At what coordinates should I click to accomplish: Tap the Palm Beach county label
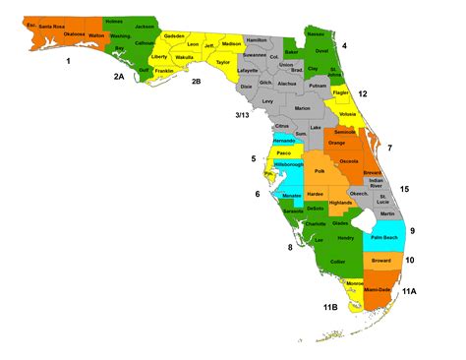point(382,237)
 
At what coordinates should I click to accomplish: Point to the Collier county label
point(337,261)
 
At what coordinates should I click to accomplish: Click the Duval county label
point(320,50)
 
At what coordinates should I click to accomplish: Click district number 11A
point(408,291)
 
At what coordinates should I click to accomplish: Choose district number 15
point(404,188)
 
